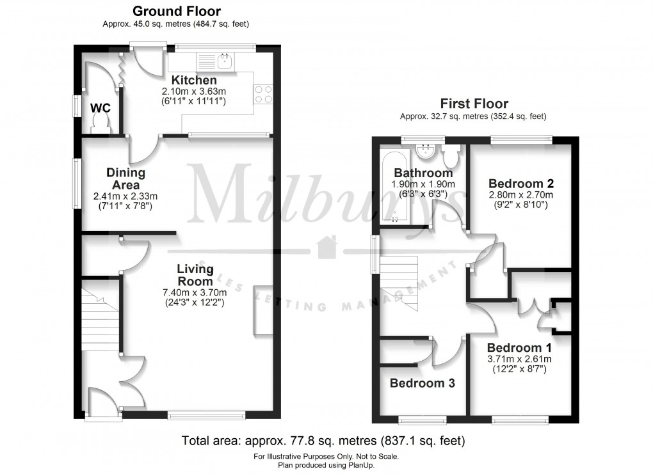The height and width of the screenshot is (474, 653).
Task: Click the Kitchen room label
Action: tap(193, 81)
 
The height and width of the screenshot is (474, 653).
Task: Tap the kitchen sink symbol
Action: tap(225, 61)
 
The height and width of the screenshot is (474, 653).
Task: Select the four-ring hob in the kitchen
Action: tap(264, 94)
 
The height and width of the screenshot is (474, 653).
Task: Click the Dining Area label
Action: tap(125, 178)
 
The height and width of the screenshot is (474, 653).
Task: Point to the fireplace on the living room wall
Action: tap(262, 310)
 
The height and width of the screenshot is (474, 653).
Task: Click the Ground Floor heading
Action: tap(176, 12)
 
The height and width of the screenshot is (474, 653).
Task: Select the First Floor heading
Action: tap(473, 104)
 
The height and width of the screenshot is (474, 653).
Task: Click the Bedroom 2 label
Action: tap(520, 183)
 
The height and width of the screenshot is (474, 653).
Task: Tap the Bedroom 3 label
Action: tap(422, 383)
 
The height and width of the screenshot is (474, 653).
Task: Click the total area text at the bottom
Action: tap(323, 441)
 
